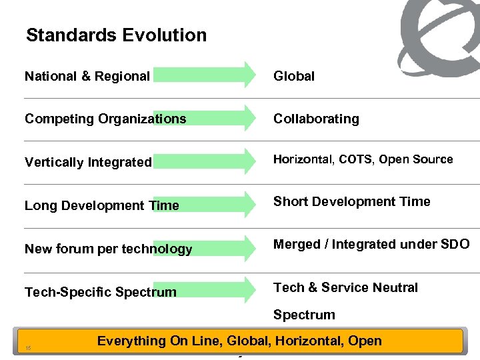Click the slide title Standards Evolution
coord(116,35)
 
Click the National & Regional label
coord(87,76)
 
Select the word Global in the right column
coord(294,76)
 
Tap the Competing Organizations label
coord(105,119)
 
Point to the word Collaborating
coord(316,119)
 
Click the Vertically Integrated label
coord(88,162)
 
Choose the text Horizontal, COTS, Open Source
coord(363,159)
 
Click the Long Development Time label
coord(101,205)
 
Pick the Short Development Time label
coord(352,201)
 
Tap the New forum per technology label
coord(108,249)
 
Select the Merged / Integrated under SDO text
coord(371,245)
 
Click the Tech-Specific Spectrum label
coord(101,292)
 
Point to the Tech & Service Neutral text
coord(345,287)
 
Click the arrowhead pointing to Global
coord(249,75)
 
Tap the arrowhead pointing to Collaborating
coord(249,118)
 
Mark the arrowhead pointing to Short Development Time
coord(249,204)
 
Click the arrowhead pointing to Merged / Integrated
coord(249,247)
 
